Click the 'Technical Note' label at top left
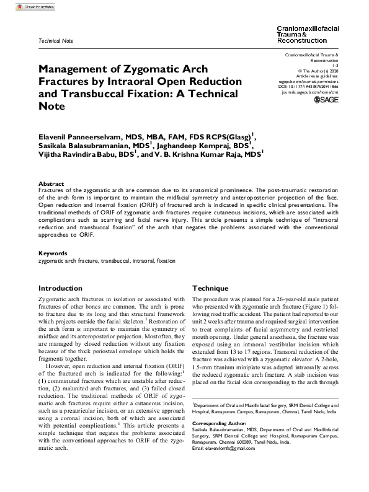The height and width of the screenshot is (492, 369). [56, 41]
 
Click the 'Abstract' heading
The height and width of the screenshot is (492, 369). [51, 184]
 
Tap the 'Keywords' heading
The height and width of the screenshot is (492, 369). [53, 253]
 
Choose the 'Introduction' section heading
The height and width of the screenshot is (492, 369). [60, 289]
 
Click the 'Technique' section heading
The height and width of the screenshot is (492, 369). [211, 289]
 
